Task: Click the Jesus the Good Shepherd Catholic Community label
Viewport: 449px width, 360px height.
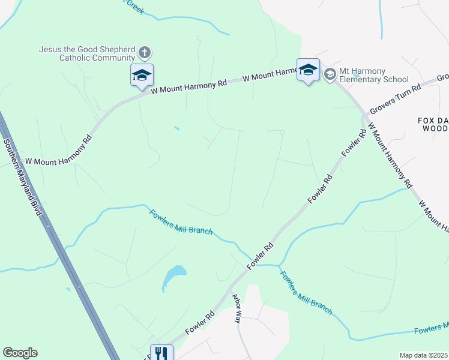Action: coord(87,53)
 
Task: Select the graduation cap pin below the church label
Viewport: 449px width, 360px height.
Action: coord(142,76)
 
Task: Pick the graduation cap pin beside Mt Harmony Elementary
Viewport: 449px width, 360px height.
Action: coord(308,70)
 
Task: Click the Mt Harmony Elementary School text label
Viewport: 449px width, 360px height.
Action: coord(373,75)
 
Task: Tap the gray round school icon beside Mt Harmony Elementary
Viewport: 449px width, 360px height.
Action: coord(329,74)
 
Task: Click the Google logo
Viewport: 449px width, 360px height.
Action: coord(20,353)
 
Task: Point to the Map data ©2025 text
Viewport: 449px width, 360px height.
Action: coord(423,355)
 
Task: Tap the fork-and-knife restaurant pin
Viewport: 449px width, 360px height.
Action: coord(161,353)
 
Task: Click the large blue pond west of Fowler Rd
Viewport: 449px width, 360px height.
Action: coord(173,277)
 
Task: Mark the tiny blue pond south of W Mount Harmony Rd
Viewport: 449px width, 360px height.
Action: coord(176,128)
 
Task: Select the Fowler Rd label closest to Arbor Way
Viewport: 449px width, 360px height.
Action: coord(200,323)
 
